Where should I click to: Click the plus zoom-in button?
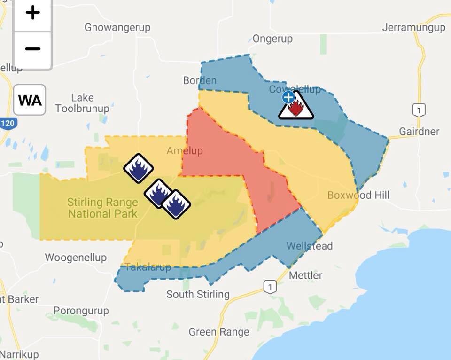32,13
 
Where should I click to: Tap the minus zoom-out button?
32,49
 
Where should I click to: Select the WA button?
30,100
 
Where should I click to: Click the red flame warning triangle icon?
296,107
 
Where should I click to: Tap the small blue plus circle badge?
288,97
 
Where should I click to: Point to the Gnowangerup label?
117,27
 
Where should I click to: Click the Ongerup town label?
272,39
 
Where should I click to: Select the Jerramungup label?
413,27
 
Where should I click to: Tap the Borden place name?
200,80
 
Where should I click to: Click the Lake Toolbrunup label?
82,103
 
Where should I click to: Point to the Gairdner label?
419,131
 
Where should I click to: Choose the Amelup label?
185,151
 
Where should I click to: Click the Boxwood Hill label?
358,195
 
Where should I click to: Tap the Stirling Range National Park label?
102,208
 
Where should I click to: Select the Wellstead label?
309,245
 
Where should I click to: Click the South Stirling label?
198,295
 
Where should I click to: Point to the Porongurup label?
81,311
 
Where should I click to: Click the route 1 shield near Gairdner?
419,110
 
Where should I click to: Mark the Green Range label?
219,332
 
